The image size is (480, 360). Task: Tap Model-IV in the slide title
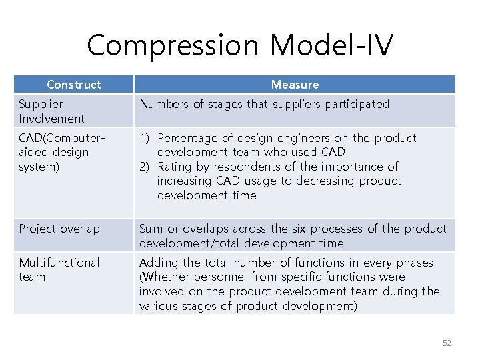click(x=333, y=45)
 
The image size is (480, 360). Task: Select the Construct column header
click(x=74, y=85)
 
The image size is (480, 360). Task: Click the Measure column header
click(x=295, y=85)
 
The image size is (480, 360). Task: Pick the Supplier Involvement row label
click(x=51, y=111)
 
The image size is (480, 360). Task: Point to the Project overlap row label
click(x=59, y=229)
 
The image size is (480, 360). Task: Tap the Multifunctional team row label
click(x=59, y=269)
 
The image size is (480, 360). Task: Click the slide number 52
click(x=447, y=343)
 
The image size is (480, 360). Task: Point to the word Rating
click(x=174, y=167)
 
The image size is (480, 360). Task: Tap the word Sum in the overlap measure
click(x=150, y=229)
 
